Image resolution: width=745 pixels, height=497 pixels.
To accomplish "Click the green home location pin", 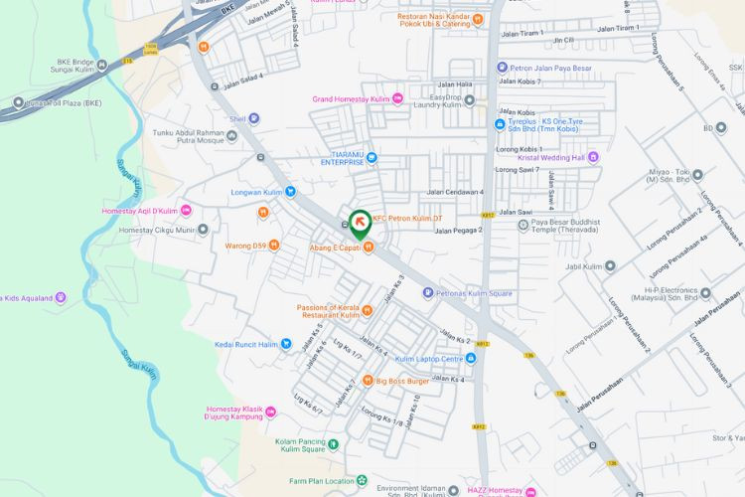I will click(359, 223).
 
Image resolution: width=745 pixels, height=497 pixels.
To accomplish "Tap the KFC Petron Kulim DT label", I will click(413, 219).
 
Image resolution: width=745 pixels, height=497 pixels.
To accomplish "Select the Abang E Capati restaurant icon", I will click(368, 248).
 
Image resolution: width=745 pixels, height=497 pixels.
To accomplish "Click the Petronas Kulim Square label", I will click(474, 293).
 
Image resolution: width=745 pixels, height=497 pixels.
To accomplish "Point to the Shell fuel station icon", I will click(253, 118).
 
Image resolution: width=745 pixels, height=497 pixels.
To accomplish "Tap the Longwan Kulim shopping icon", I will click(290, 192).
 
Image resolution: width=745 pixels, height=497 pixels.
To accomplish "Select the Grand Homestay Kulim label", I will click(351, 98).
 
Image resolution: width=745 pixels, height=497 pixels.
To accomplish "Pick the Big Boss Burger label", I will click(401, 380).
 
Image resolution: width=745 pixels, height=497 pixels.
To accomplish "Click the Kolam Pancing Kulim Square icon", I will click(334, 444).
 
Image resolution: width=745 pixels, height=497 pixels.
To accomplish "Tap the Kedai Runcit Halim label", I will click(246, 345).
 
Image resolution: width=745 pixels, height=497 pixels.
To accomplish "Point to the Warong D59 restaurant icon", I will click(274, 246).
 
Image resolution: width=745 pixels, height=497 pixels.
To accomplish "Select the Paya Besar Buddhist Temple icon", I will click(523, 225).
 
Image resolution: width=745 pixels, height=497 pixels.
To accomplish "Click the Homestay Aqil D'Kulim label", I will click(139, 211).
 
